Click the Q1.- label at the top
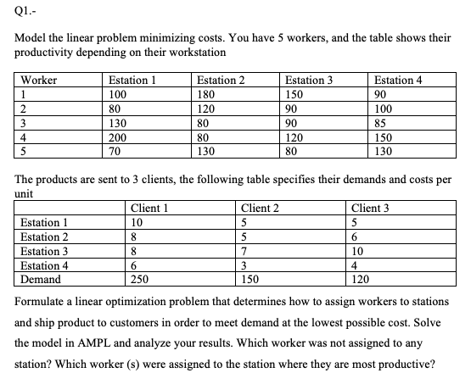click(25, 11)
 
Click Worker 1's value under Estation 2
click(209, 94)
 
